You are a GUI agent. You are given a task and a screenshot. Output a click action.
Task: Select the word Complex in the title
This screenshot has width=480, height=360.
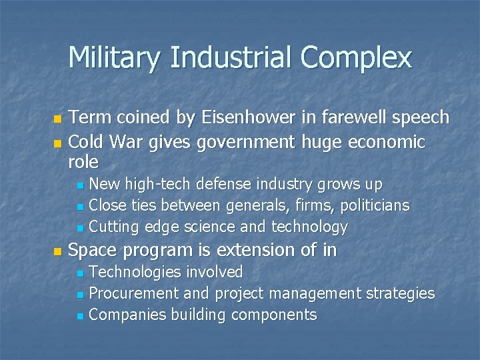(356, 58)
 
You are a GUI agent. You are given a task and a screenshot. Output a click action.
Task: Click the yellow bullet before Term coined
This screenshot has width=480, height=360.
(57, 119)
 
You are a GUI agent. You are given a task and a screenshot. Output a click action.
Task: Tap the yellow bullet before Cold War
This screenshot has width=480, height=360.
(57, 143)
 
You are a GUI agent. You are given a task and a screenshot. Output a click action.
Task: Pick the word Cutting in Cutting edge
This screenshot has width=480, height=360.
(113, 227)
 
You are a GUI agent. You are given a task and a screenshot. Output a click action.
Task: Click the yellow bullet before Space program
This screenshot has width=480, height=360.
(57, 251)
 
